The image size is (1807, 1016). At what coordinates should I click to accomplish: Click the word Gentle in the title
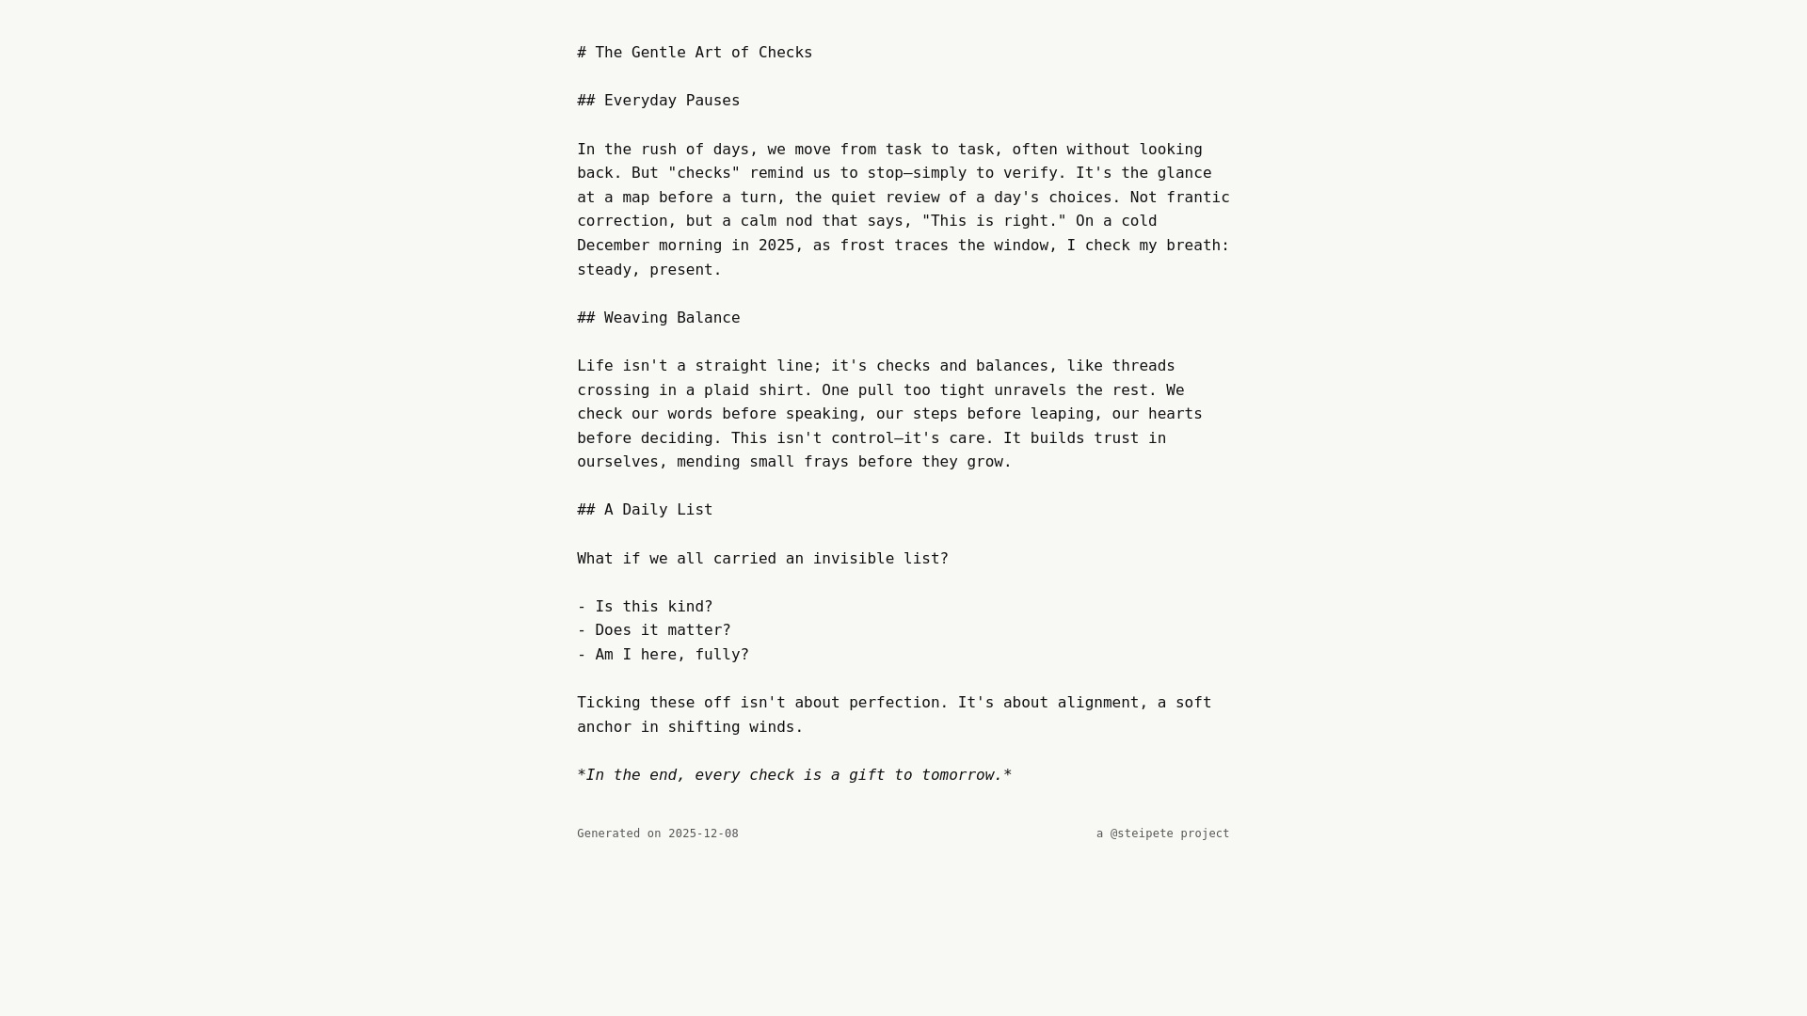pyautogui.click(x=658, y=53)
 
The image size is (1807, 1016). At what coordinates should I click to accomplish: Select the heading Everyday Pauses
pyautogui.click(x=671, y=101)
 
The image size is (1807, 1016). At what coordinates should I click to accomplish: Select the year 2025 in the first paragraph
pyautogui.click(x=776, y=246)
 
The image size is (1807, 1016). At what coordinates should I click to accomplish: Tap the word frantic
pyautogui.click(x=1198, y=198)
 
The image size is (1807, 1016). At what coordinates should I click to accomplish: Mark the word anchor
pyautogui.click(x=603, y=727)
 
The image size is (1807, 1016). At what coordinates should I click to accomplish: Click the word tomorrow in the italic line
pyautogui.click(x=961, y=775)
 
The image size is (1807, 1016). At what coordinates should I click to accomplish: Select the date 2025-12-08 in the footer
pyautogui.click(x=703, y=833)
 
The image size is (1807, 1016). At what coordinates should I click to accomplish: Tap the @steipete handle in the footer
pyautogui.click(x=1142, y=833)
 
